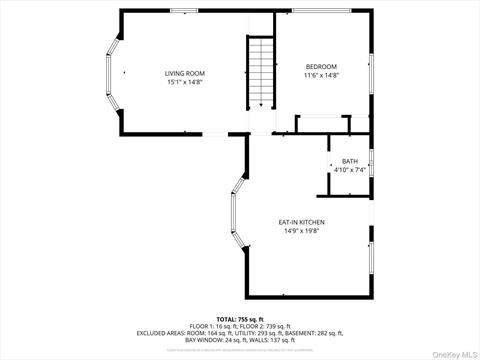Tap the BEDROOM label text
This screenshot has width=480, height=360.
[322, 67]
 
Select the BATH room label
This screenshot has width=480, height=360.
[349, 161]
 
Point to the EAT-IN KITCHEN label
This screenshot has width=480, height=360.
[301, 222]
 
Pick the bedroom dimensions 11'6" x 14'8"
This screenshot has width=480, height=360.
[322, 76]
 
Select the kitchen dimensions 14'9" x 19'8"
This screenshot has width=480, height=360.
[301, 231]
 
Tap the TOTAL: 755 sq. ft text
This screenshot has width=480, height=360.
[239, 318]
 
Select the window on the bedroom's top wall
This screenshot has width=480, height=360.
[320, 11]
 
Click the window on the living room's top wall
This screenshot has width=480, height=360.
[185, 11]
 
